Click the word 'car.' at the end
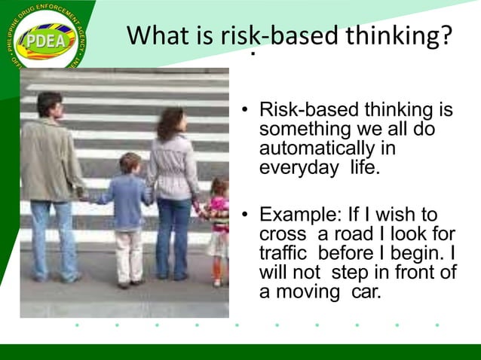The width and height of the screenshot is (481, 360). tap(366, 291)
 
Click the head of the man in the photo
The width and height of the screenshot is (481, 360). tap(49, 104)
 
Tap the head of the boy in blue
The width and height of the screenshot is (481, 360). tap(130, 163)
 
